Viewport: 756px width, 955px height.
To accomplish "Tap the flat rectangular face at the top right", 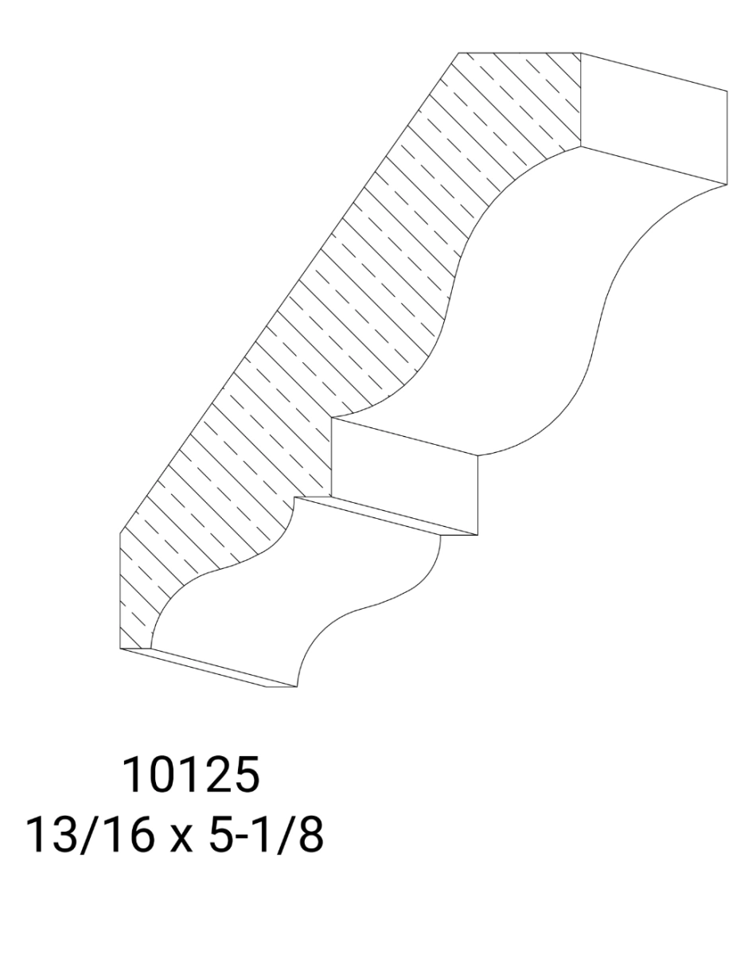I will [653, 119].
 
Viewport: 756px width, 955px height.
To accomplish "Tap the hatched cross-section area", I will [318, 318].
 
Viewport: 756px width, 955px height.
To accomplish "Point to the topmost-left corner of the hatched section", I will [458, 53].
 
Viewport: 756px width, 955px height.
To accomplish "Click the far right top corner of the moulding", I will [727, 90].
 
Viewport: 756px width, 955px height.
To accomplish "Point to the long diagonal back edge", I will [286, 294].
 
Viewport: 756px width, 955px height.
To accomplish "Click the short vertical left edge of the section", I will [120, 589].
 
